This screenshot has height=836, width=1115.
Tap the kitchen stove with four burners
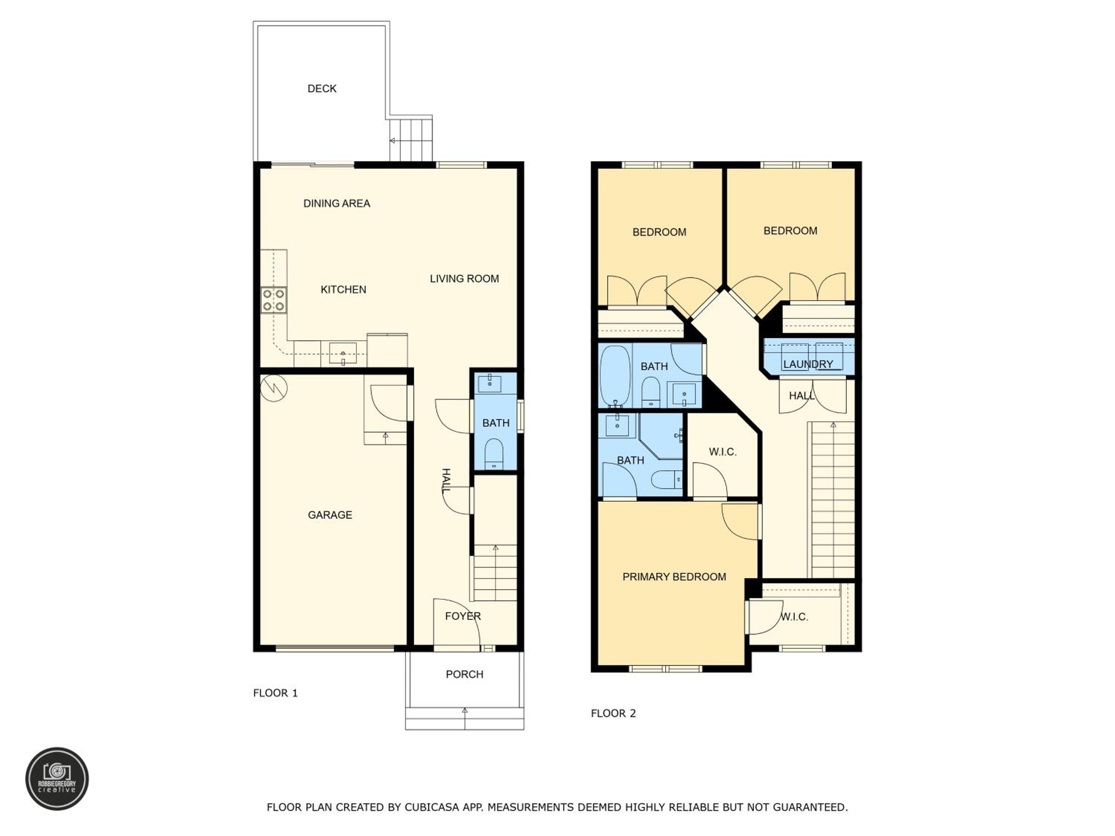pos(274,300)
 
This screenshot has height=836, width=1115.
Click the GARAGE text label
pos(330,515)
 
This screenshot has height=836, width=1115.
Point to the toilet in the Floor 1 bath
pos(494,454)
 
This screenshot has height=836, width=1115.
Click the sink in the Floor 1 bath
pos(489,383)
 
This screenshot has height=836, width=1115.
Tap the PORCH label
pos(464,674)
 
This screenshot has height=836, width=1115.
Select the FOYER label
pos(463,616)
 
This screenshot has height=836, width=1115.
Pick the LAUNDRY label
pos(808,364)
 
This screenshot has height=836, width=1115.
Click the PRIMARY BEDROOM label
pos(674,577)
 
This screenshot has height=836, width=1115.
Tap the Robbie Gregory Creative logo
pos(57,778)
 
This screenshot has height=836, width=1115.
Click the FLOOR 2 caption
pos(613,713)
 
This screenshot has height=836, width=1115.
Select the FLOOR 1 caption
pos(275,693)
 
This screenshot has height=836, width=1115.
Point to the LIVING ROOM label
pos(464,279)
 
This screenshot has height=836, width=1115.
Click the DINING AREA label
pos(336,204)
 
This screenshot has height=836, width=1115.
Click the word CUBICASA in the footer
pos(432,807)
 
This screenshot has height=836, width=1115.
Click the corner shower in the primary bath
pos(661,437)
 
